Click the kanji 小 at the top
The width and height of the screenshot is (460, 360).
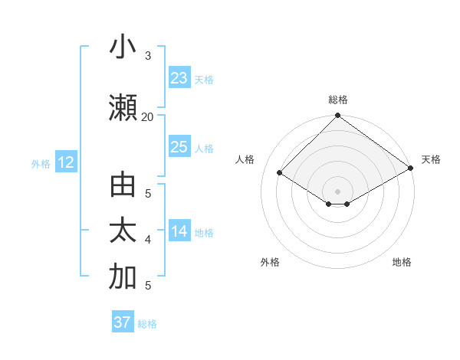click(x=123, y=47)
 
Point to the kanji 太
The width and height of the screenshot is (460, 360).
click(x=123, y=232)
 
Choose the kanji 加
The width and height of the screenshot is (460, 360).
click(x=123, y=278)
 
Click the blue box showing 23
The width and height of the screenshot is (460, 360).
click(x=179, y=78)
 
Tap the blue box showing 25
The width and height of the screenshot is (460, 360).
click(x=179, y=147)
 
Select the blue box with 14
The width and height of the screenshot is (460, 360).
click(x=179, y=231)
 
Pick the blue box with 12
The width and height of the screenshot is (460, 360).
click(x=65, y=162)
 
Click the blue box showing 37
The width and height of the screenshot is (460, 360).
click(x=123, y=322)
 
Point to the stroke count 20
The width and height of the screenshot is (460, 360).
click(x=147, y=116)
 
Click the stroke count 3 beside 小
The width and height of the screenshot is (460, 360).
click(x=148, y=55)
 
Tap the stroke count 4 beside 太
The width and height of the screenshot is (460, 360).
click(x=148, y=240)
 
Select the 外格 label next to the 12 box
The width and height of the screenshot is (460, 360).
click(x=41, y=163)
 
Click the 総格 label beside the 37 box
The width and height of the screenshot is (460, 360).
click(x=147, y=323)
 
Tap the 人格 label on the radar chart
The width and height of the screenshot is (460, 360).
click(x=245, y=159)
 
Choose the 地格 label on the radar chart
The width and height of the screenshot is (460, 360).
click(x=402, y=262)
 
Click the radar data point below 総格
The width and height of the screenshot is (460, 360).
click(x=337, y=116)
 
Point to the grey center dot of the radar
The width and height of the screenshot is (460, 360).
click(x=337, y=190)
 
